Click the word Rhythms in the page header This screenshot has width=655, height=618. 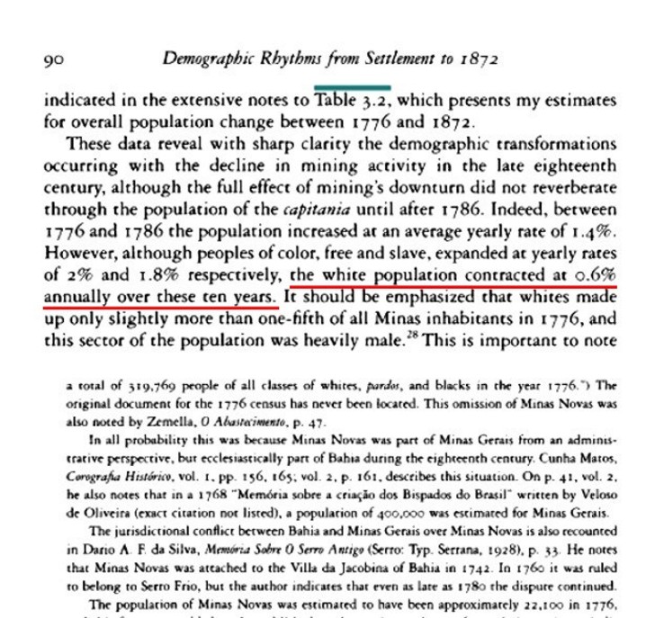click(x=266, y=60)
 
